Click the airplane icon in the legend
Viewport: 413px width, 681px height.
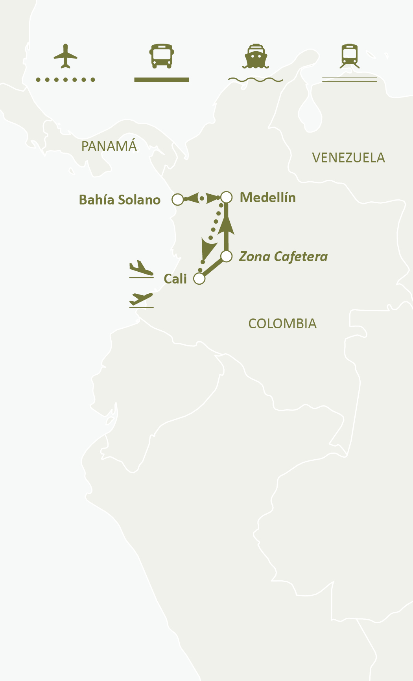66,56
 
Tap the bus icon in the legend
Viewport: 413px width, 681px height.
162,56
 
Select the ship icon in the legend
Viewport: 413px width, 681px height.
256,56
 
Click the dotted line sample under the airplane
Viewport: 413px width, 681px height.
66,80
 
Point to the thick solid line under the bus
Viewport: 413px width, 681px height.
162,80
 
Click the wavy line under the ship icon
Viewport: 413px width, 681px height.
256,80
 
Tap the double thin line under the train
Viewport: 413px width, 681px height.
350,80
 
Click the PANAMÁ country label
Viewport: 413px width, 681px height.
109,146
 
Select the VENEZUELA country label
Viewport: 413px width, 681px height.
348,158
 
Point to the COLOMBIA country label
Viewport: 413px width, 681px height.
282,324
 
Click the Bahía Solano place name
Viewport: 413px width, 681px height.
120,200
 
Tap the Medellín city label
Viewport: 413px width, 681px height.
268,197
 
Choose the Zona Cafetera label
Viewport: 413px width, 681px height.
283,257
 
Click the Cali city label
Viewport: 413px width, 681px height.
175,279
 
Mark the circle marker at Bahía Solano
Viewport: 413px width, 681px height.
178,199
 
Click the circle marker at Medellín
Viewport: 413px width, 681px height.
227,197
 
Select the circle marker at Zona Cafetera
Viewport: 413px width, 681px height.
227,256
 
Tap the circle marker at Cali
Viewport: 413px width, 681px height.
199,279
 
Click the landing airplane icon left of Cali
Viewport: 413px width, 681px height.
141,269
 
